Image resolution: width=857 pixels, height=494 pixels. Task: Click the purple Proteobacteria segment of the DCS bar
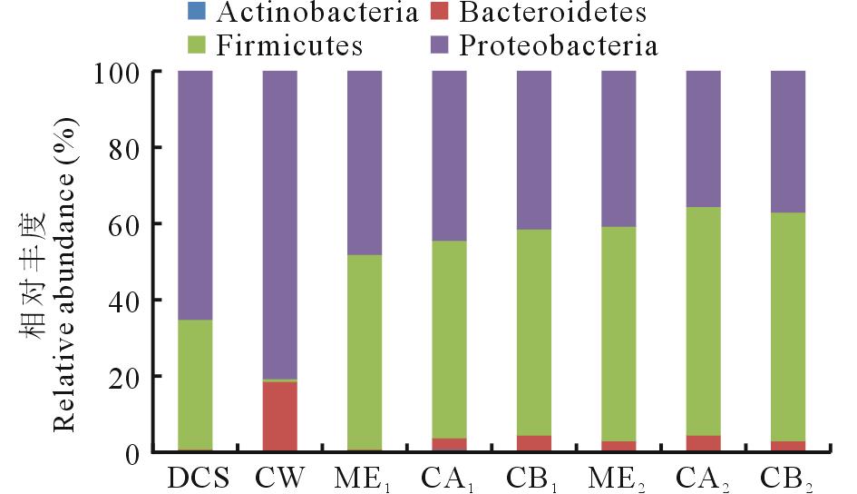[x=195, y=195]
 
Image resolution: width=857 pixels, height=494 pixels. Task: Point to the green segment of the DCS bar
[x=195, y=385]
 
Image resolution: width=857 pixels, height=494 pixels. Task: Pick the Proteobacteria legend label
[x=559, y=45]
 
